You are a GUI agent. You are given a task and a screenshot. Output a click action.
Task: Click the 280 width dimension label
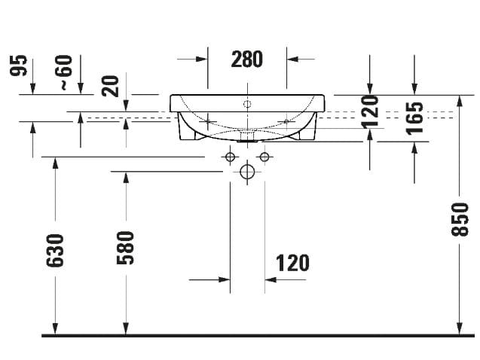point(246,59)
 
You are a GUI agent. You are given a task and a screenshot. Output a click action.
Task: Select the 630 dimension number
point(55,250)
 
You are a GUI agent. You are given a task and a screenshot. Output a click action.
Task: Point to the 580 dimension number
point(125,247)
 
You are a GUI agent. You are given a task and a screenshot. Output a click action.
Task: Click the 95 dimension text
point(20,67)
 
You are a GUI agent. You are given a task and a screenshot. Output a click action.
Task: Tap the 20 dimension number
point(111,85)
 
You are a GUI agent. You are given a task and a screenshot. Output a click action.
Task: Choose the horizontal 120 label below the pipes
point(292,263)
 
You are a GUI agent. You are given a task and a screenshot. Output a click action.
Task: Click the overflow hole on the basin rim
point(246,105)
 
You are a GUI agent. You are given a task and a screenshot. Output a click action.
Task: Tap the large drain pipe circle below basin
point(246,172)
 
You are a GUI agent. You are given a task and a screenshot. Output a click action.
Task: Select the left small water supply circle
point(230,157)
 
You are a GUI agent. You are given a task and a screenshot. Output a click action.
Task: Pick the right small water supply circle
point(264,157)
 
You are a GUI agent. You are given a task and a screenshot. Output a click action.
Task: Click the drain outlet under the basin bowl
point(246,139)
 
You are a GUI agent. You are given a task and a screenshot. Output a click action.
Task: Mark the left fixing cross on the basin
point(208,121)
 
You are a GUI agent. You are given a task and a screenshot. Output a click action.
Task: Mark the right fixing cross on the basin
point(286,121)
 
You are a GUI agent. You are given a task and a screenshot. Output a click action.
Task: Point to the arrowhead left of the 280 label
point(202,58)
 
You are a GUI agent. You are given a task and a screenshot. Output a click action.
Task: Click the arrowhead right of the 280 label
point(292,58)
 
